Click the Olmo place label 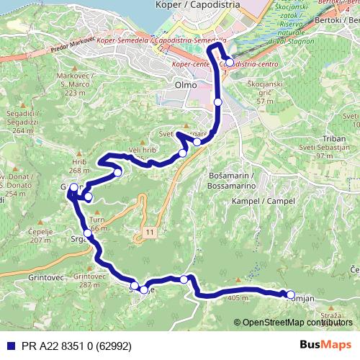pyautogui.click(x=186, y=84)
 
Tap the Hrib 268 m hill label pyautogui.click(x=79, y=166)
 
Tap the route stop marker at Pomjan pyautogui.click(x=291, y=294)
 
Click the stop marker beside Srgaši pyautogui.click(x=87, y=233)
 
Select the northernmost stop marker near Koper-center pyautogui.click(x=229, y=63)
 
